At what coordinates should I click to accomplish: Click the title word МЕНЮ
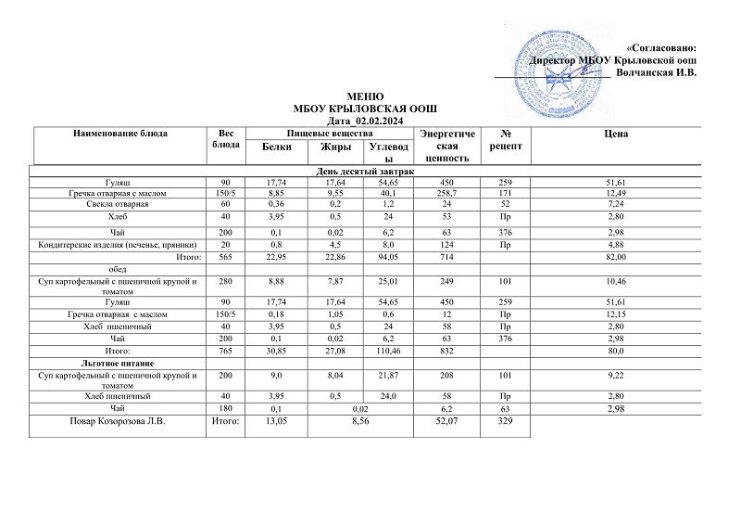tap(363, 96)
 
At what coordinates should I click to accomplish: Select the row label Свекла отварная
tap(118, 202)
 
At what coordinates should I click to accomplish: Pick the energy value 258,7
tap(446, 192)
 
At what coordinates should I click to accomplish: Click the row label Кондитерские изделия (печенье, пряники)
tap(118, 245)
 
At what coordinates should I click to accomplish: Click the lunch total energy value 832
tap(446, 352)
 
